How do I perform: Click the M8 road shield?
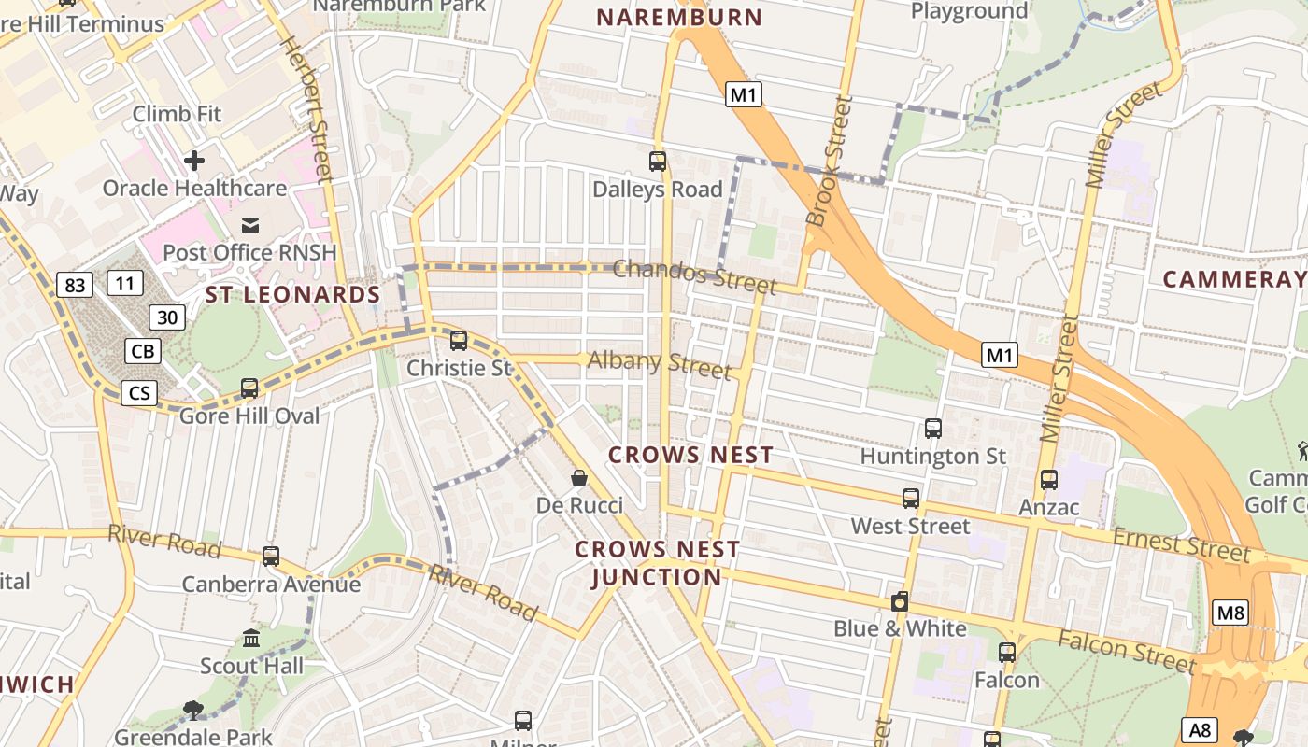[1230, 613]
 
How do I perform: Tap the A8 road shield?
[1201, 729]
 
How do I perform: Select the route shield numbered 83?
[74, 285]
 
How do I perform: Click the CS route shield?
[139, 393]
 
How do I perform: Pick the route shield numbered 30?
[167, 317]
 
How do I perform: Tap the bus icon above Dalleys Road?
[658, 162]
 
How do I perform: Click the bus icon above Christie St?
[459, 341]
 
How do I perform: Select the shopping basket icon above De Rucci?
[579, 479]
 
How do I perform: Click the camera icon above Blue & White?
[900, 602]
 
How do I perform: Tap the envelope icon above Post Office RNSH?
[250, 225]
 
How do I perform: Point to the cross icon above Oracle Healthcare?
[194, 161]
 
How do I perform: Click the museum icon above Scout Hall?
[251, 640]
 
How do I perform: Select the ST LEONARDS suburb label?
[292, 295]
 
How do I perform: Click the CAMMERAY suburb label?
[1233, 279]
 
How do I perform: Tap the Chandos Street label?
[695, 275]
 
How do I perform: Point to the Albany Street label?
[660, 364]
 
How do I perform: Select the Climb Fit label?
[177, 114]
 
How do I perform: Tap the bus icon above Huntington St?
[933, 429]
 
